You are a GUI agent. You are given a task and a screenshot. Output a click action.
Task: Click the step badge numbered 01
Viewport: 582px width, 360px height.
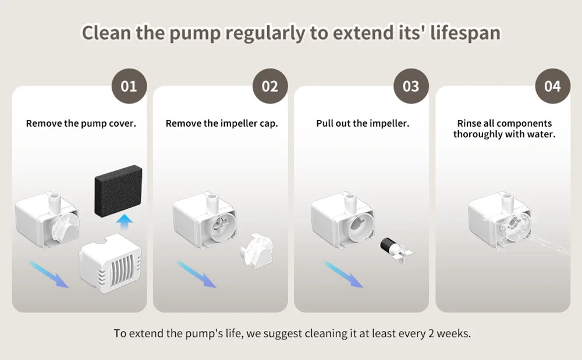point(129,86)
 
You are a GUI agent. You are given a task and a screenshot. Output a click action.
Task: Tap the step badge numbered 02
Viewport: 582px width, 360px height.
point(270,86)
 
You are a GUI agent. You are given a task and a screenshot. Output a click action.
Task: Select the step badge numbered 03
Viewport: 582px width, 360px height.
point(411,86)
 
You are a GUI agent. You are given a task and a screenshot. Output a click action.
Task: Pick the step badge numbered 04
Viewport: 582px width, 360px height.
point(553,86)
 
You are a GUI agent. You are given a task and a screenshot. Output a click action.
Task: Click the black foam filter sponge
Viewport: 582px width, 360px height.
point(118,191)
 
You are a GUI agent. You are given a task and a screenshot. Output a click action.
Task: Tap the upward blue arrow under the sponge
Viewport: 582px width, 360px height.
point(124,222)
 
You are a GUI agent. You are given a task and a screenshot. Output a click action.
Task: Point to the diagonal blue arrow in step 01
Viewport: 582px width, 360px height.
point(49,274)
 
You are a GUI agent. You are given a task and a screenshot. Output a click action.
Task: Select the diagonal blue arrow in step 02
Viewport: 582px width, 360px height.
point(196,274)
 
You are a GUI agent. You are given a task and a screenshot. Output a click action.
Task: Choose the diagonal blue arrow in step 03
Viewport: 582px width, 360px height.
point(343,274)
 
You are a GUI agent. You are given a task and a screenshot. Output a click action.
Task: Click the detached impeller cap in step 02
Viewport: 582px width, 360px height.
point(257,250)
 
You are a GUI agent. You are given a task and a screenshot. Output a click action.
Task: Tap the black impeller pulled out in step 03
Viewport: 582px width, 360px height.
point(396,249)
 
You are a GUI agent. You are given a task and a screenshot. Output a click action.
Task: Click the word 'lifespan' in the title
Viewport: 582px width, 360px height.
point(465,33)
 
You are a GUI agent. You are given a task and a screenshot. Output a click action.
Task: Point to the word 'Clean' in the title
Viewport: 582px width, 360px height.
point(106,33)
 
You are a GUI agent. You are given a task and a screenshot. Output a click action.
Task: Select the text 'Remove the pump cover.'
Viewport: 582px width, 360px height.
point(81,123)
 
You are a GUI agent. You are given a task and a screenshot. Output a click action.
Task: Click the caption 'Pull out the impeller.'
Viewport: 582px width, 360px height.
point(363,123)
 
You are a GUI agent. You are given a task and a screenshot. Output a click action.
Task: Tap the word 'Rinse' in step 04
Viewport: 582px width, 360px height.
point(469,123)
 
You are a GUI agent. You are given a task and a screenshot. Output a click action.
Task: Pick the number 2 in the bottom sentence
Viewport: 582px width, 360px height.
point(431,333)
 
